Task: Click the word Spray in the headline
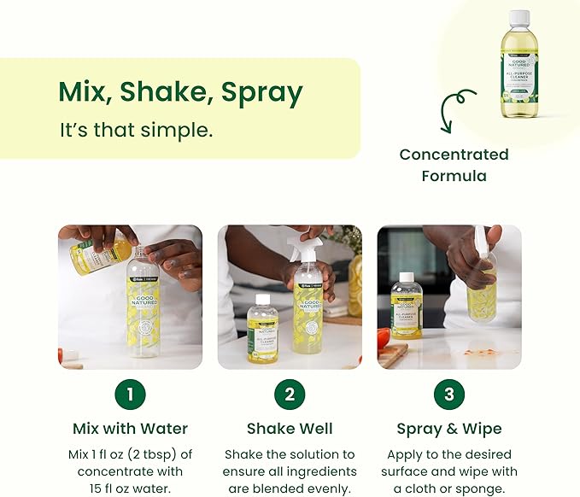tap(261, 93)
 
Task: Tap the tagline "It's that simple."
tap(136, 131)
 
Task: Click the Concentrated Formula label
tap(454, 165)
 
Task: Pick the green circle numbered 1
tap(130, 394)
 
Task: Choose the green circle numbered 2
tap(290, 394)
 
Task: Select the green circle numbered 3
tap(449, 394)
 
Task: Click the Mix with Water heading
tap(130, 429)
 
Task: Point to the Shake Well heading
tap(290, 429)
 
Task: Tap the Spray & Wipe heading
tap(449, 429)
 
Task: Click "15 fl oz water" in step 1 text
tap(130, 488)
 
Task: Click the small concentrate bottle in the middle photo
tap(262, 329)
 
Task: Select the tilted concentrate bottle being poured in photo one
tap(101, 254)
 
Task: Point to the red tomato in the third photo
tap(384, 337)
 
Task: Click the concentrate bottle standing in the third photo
tap(407, 305)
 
